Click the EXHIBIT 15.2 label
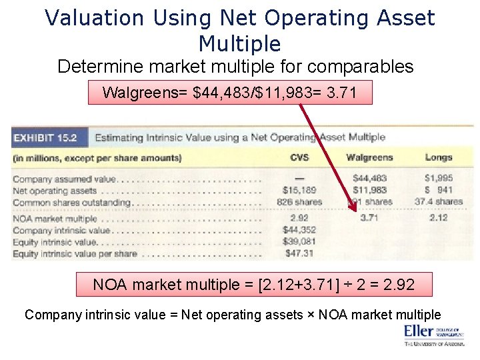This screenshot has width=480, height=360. click(x=45, y=139)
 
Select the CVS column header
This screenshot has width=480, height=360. click(x=299, y=158)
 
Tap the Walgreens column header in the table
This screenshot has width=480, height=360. click(x=369, y=158)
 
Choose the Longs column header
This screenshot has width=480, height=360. click(x=438, y=158)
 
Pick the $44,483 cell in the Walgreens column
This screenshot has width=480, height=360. click(x=369, y=179)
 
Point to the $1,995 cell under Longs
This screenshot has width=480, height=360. click(x=438, y=179)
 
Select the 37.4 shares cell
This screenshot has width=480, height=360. click(x=438, y=202)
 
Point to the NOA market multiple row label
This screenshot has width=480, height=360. click(x=55, y=219)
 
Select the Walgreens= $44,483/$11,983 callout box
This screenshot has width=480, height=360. click(x=230, y=93)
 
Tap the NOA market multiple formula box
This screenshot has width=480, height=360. click(x=253, y=285)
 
